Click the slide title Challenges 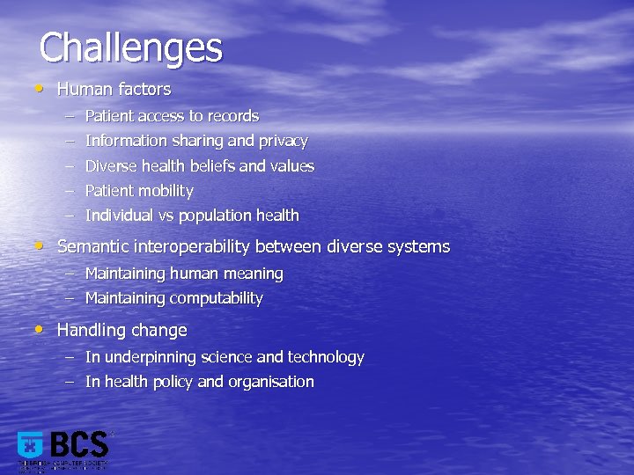(x=131, y=47)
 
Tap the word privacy (x=282, y=141)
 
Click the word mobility (x=165, y=191)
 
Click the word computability (x=217, y=298)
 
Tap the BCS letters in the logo (x=78, y=444)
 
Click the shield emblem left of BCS (x=31, y=447)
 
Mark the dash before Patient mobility (x=69, y=191)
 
